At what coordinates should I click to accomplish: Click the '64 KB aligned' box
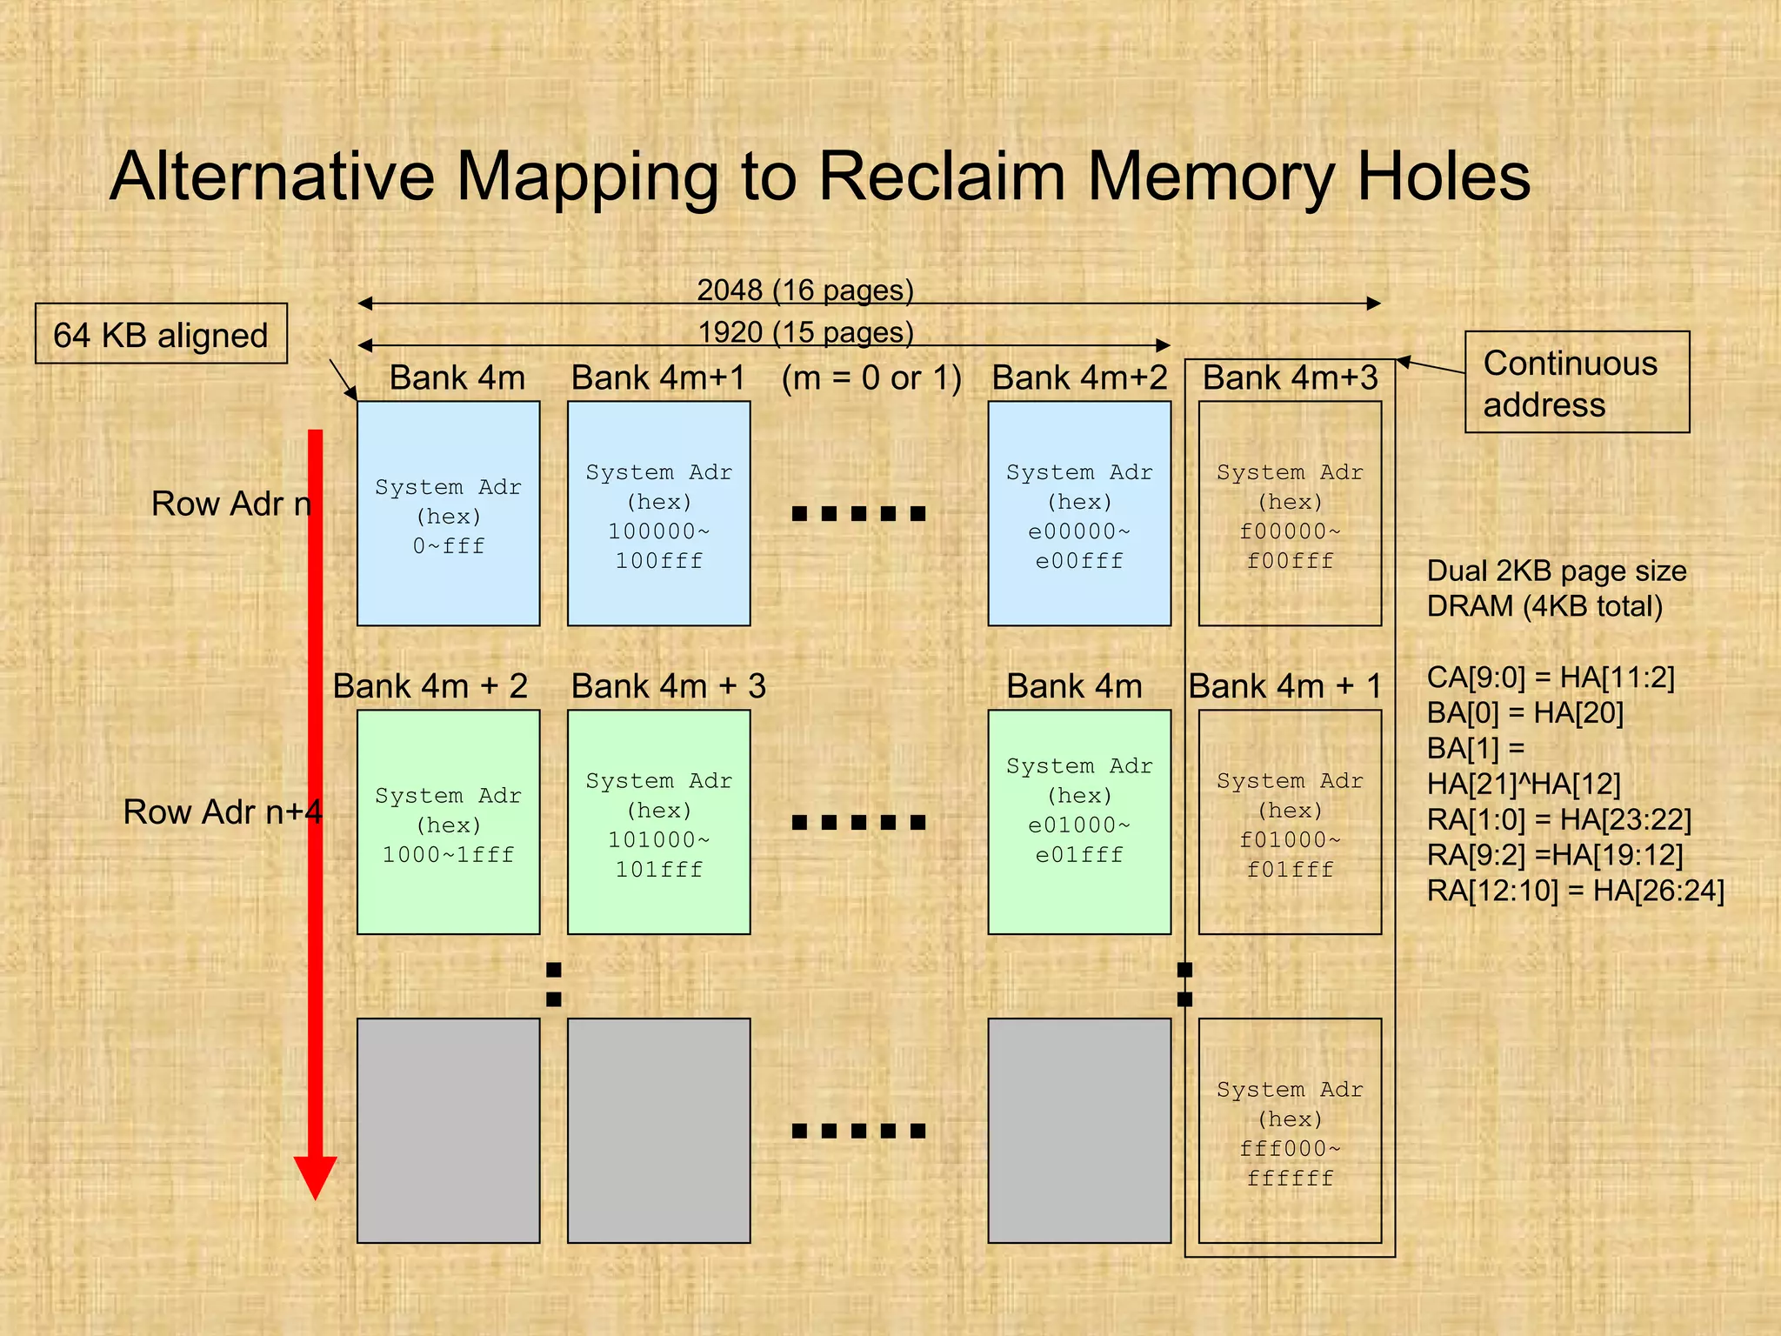pos(161,334)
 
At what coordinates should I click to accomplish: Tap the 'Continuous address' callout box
pos(1576,383)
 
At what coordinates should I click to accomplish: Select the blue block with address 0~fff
pos(448,513)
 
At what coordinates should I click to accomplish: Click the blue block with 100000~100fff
pos(658,513)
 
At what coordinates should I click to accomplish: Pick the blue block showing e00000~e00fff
pos(1078,513)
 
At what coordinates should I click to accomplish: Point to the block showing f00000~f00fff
pos(1290,513)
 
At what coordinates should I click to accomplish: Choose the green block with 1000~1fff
pos(448,822)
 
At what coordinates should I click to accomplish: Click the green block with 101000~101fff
pos(658,822)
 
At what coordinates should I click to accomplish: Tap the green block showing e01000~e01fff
pos(1078,822)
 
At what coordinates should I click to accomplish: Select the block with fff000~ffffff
pos(1290,1131)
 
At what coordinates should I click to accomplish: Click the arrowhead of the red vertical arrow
pos(315,1178)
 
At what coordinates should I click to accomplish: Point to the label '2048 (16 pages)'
pos(805,290)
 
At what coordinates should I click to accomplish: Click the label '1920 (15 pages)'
pos(805,331)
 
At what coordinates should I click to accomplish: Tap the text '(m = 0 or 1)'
pos(871,378)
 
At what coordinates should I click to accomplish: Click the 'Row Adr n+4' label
pos(223,812)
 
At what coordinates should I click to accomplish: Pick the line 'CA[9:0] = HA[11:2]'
pos(1551,677)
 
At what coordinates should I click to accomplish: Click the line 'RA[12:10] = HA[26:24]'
pos(1575,891)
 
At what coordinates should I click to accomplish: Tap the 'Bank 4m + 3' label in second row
pos(668,686)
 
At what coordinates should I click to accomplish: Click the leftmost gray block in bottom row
pos(448,1131)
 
